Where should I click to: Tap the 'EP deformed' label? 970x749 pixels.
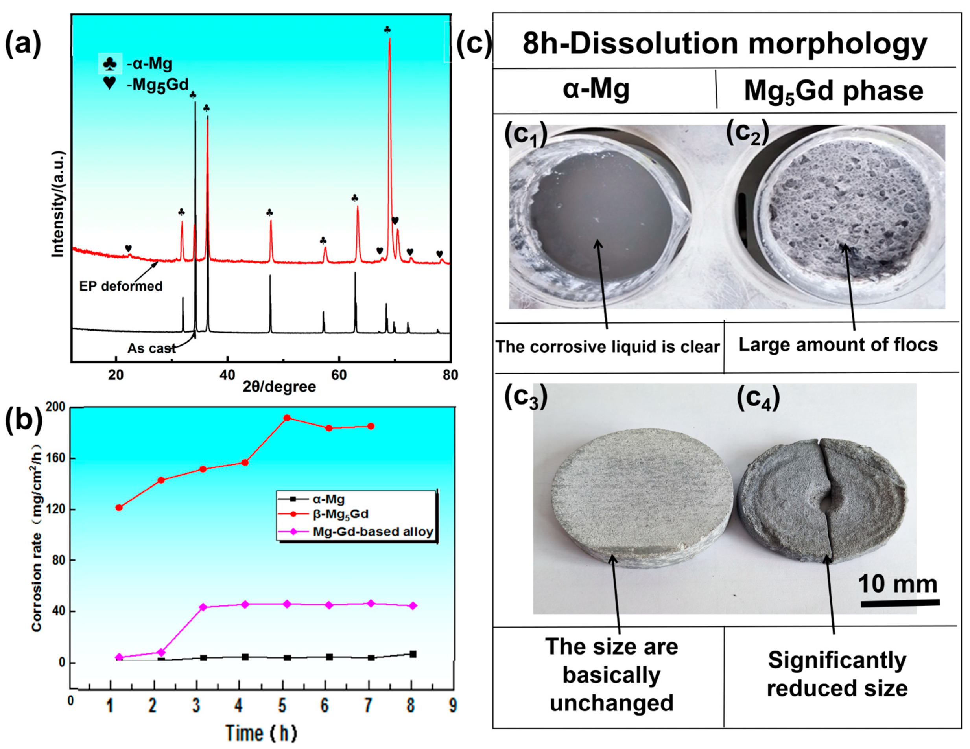coord(121,286)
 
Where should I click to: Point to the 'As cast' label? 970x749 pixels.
coord(151,348)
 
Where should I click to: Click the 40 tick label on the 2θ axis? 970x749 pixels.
coord(227,375)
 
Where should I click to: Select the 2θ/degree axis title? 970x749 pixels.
coord(279,387)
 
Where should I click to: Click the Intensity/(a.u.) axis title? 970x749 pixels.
coord(58,204)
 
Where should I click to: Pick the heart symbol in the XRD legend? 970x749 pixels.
coord(109,83)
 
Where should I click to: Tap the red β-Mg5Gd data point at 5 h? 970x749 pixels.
coord(287,418)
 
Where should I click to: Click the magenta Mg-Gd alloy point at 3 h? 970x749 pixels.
coord(203,607)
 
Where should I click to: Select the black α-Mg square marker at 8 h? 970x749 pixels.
coord(413,654)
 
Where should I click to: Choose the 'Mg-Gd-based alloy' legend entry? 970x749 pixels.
coord(372,532)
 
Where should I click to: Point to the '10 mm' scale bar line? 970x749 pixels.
coord(900,603)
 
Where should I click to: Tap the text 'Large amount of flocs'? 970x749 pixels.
coord(838,345)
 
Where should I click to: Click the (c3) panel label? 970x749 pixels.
coord(526,398)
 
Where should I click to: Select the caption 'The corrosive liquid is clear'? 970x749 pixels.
coord(607,347)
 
